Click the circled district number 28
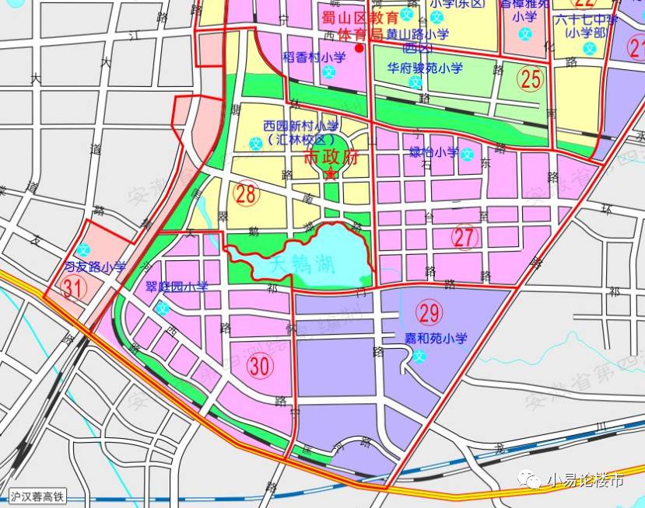point(246,194)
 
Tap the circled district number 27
point(464,238)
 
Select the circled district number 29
point(429,312)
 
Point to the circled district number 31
point(73,288)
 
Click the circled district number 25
point(531,78)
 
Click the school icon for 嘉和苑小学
point(420,357)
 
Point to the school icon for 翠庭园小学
point(163,308)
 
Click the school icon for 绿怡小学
point(467,152)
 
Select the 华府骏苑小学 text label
point(425,68)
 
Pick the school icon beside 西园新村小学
point(256,143)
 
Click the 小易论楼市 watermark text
point(585,480)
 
